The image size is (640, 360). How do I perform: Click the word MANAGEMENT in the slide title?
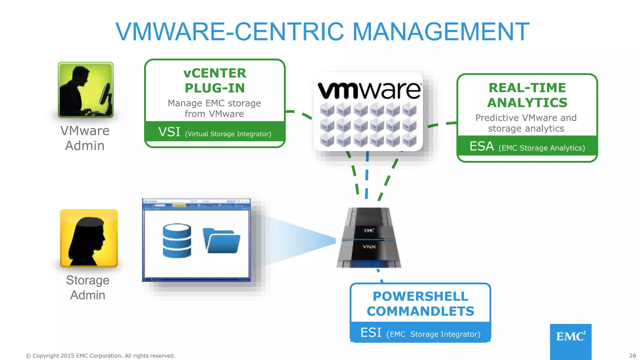coord(441,32)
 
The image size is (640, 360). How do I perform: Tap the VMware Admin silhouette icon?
coord(86,90)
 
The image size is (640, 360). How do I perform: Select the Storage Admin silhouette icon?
coord(89,238)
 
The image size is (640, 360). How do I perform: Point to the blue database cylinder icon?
coord(177,240)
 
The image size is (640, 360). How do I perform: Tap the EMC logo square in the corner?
coord(571,341)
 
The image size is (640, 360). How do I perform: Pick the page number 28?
coord(632,356)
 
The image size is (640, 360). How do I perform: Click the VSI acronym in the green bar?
coord(169,132)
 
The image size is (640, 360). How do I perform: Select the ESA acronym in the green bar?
coord(482,146)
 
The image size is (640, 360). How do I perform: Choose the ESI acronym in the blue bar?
coord(371,332)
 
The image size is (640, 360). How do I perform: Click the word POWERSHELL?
coord(420,296)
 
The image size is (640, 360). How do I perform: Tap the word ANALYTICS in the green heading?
coord(527,102)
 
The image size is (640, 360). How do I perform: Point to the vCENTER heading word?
coord(215,73)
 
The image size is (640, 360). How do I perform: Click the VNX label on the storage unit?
coord(369,247)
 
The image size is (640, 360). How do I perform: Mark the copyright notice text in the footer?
coord(100,356)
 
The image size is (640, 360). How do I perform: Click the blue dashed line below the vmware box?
coord(367,175)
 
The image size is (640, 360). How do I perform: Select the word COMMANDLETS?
coord(420,311)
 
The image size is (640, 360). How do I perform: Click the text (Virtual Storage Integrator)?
coord(228,134)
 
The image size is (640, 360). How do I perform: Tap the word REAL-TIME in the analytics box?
coord(527,88)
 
